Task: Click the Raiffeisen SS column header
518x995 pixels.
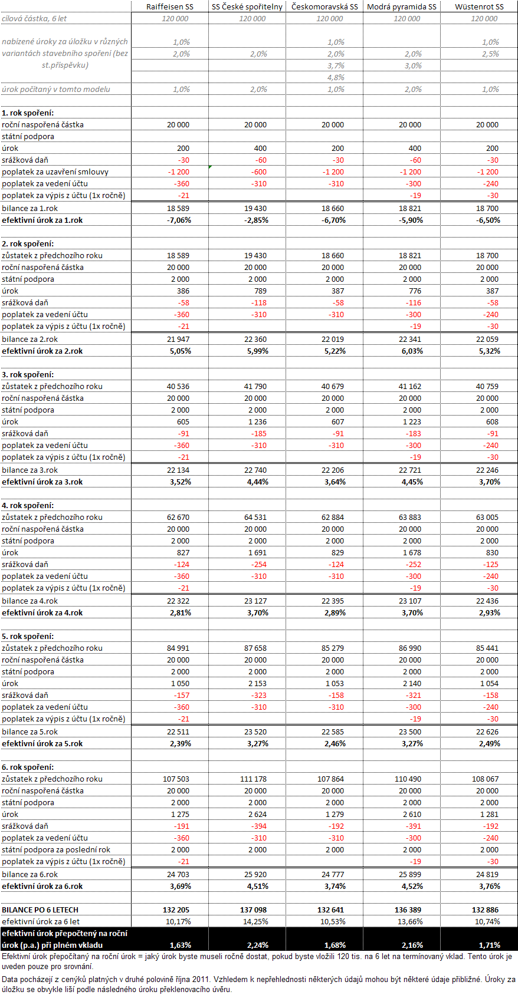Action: [x=170, y=6]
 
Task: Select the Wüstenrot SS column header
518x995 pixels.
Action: [x=479, y=6]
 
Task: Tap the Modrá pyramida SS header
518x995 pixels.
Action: [x=402, y=6]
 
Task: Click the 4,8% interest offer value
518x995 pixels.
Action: [x=336, y=77]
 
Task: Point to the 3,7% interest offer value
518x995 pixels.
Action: [x=336, y=66]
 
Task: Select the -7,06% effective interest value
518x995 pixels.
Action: [x=179, y=220]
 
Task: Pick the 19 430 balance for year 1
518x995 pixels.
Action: [x=255, y=208]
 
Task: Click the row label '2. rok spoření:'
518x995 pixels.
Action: [x=28, y=244]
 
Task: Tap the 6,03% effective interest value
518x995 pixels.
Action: [x=412, y=351]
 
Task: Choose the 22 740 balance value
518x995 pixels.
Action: [x=255, y=470]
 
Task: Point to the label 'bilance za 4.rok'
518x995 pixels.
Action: [x=29, y=601]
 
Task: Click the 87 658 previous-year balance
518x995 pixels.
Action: [x=255, y=648]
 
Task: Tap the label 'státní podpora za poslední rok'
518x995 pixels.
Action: [x=56, y=850]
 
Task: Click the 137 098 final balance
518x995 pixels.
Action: [x=254, y=910]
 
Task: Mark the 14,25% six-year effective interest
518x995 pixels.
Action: [x=255, y=922]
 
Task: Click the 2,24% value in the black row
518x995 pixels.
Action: [x=258, y=945]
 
